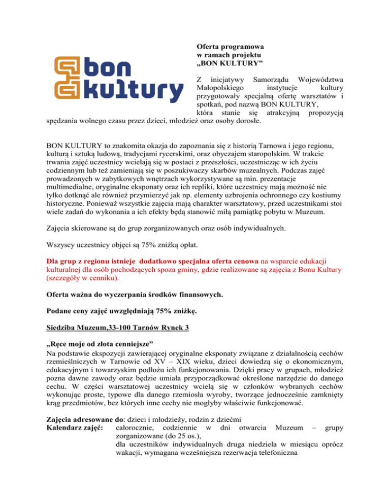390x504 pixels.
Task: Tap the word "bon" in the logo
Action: pos(108,69)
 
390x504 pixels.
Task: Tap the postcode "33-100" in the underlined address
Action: pos(118,342)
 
